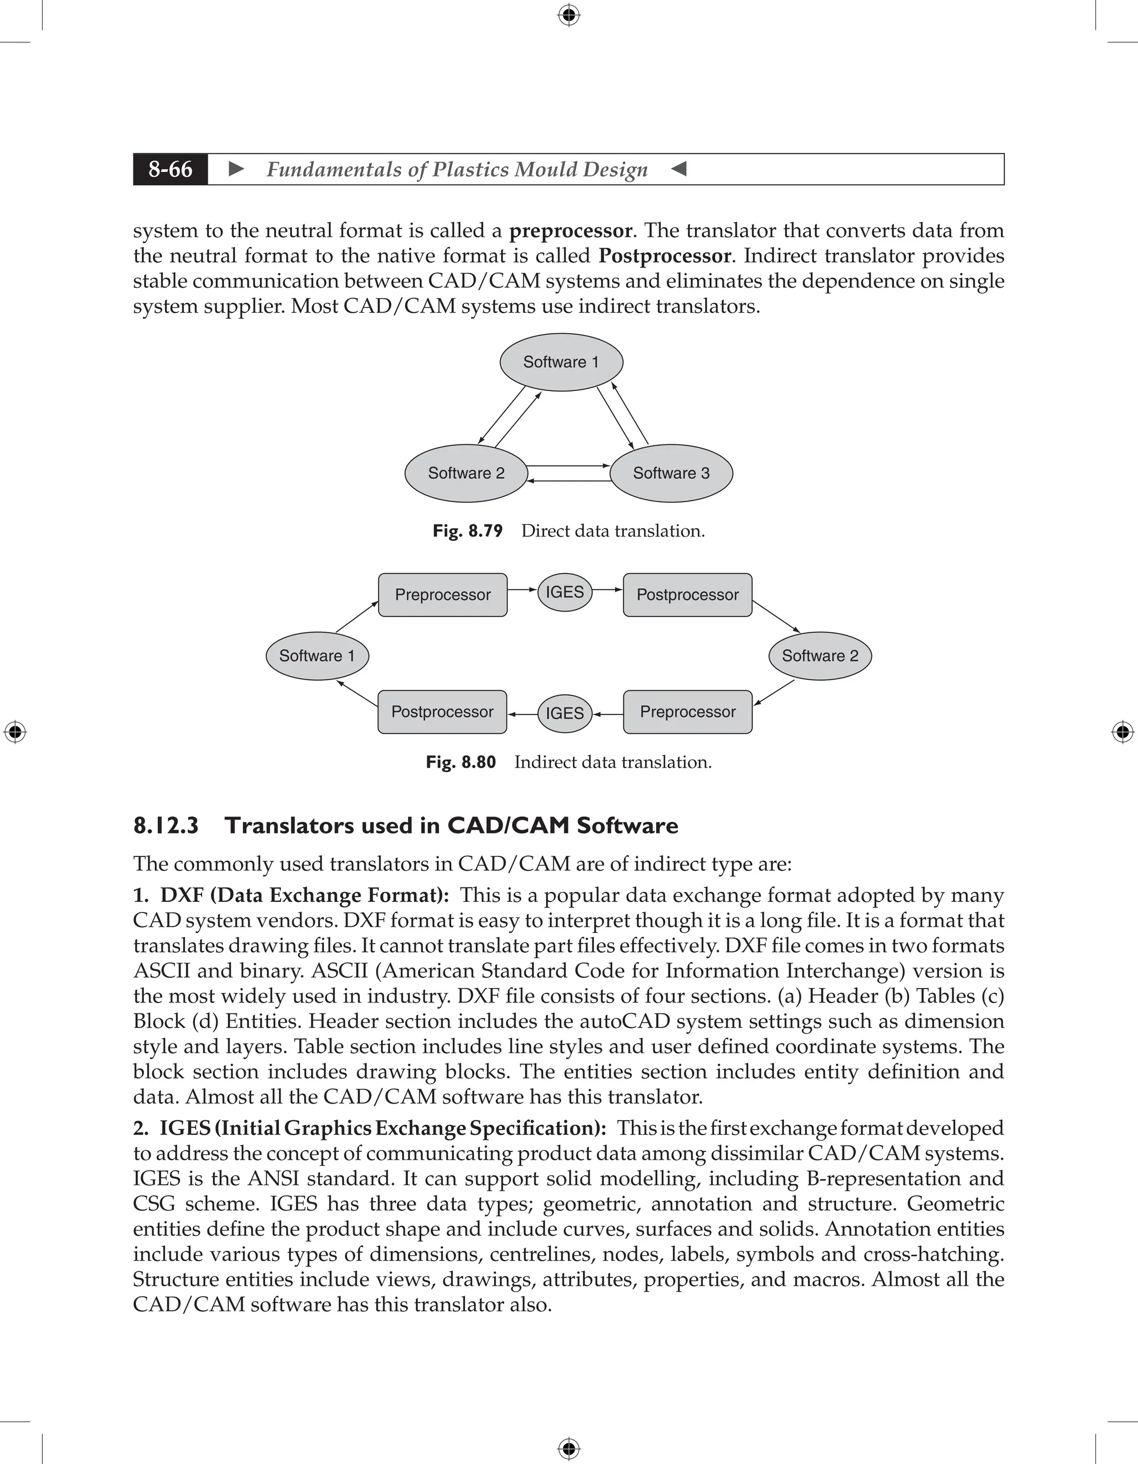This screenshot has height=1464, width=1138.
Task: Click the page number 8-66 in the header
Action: [171, 169]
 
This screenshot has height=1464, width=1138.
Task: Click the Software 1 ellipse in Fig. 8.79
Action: [561, 362]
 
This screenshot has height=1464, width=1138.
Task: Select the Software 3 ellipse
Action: [671, 473]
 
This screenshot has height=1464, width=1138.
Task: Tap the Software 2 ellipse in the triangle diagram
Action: [466, 473]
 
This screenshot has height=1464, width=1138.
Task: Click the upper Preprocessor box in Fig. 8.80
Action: [443, 595]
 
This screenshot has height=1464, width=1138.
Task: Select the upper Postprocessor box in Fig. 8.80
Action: [687, 595]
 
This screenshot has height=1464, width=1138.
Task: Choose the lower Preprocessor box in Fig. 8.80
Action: [687, 712]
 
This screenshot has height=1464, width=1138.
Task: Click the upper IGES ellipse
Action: [565, 592]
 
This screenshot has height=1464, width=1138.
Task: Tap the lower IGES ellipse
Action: [565, 713]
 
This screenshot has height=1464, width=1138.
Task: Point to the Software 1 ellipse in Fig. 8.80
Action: [317, 655]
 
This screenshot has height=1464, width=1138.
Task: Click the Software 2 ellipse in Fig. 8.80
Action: [820, 655]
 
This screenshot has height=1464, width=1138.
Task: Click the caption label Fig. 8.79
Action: [467, 531]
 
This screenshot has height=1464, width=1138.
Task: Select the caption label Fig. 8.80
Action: [461, 762]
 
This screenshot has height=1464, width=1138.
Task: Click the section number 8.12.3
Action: [166, 825]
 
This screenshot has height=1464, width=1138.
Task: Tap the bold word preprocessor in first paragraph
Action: [570, 230]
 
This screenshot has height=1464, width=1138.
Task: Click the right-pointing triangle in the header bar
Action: [236, 169]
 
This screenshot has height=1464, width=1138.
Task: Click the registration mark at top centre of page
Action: [568, 15]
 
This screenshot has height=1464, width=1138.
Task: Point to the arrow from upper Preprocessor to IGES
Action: [522, 590]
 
